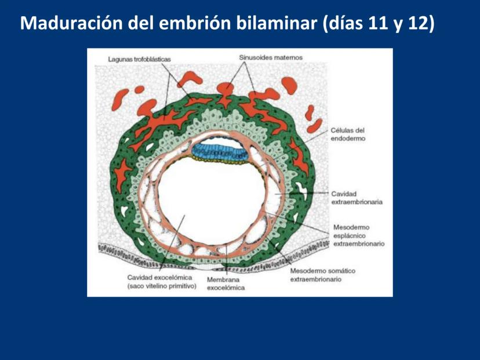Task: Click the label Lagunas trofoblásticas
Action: [139, 59]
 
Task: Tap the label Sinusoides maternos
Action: [271, 57]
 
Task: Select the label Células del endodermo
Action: [348, 134]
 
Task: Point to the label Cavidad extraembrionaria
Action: [357, 198]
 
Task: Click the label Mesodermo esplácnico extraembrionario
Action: [359, 235]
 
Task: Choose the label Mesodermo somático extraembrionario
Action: [323, 275]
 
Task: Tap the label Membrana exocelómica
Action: [226, 283]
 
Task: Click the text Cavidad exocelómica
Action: [160, 277]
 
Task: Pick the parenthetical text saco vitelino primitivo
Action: [162, 286]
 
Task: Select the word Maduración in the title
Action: [71, 23]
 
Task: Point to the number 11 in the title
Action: [379, 23]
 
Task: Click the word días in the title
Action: [345, 23]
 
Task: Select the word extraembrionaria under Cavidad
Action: [357, 202]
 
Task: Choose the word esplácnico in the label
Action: [350, 236]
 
